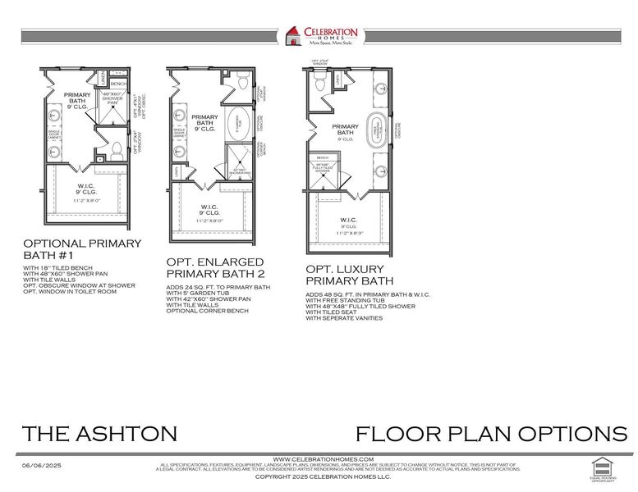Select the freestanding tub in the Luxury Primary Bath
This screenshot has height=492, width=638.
coord(379,130)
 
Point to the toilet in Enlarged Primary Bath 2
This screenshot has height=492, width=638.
coord(242,81)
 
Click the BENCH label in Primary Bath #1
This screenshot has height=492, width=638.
coord(117,84)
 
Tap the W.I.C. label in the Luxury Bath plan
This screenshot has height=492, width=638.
coord(347,220)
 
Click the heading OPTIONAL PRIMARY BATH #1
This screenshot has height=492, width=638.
coord(82,249)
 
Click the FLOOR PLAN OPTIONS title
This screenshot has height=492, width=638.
coord(490,434)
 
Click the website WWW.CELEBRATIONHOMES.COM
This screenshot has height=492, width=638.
coord(323,458)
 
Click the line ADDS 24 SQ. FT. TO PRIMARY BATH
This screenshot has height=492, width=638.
coord(218,287)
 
